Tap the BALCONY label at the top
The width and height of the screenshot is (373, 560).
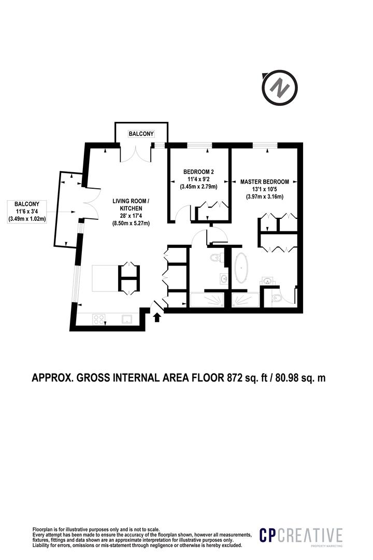(x=141, y=134)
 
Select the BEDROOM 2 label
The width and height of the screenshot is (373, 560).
(x=198, y=172)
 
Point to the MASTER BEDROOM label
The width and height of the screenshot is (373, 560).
(x=264, y=182)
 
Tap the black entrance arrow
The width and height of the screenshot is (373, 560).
(x=157, y=316)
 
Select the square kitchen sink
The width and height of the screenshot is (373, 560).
(x=127, y=319)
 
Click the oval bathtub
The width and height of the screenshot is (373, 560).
(x=241, y=268)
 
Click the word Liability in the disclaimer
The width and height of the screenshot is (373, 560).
(x=44, y=545)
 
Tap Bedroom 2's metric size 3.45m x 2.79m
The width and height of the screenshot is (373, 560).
(x=198, y=187)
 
